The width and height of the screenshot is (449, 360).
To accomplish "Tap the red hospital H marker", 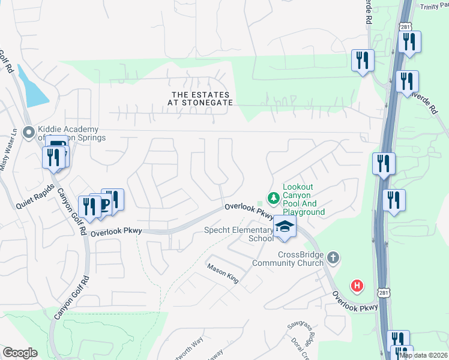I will [x=357, y=286].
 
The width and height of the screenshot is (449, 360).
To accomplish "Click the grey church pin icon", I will [x=334, y=258].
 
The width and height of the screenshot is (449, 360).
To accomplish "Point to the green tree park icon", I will [x=273, y=197].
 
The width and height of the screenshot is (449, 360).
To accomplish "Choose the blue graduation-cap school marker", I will [x=285, y=227].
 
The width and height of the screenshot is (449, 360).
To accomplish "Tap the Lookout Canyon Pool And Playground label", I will [x=303, y=200].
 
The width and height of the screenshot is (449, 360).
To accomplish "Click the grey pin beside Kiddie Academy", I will [x=28, y=132].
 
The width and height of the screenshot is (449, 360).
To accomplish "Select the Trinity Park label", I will [x=437, y=5].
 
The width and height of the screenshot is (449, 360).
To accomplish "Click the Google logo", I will [x=20, y=353].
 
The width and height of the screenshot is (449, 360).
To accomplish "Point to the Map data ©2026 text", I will [x=423, y=355].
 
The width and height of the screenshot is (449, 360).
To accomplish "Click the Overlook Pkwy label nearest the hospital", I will [x=356, y=302].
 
